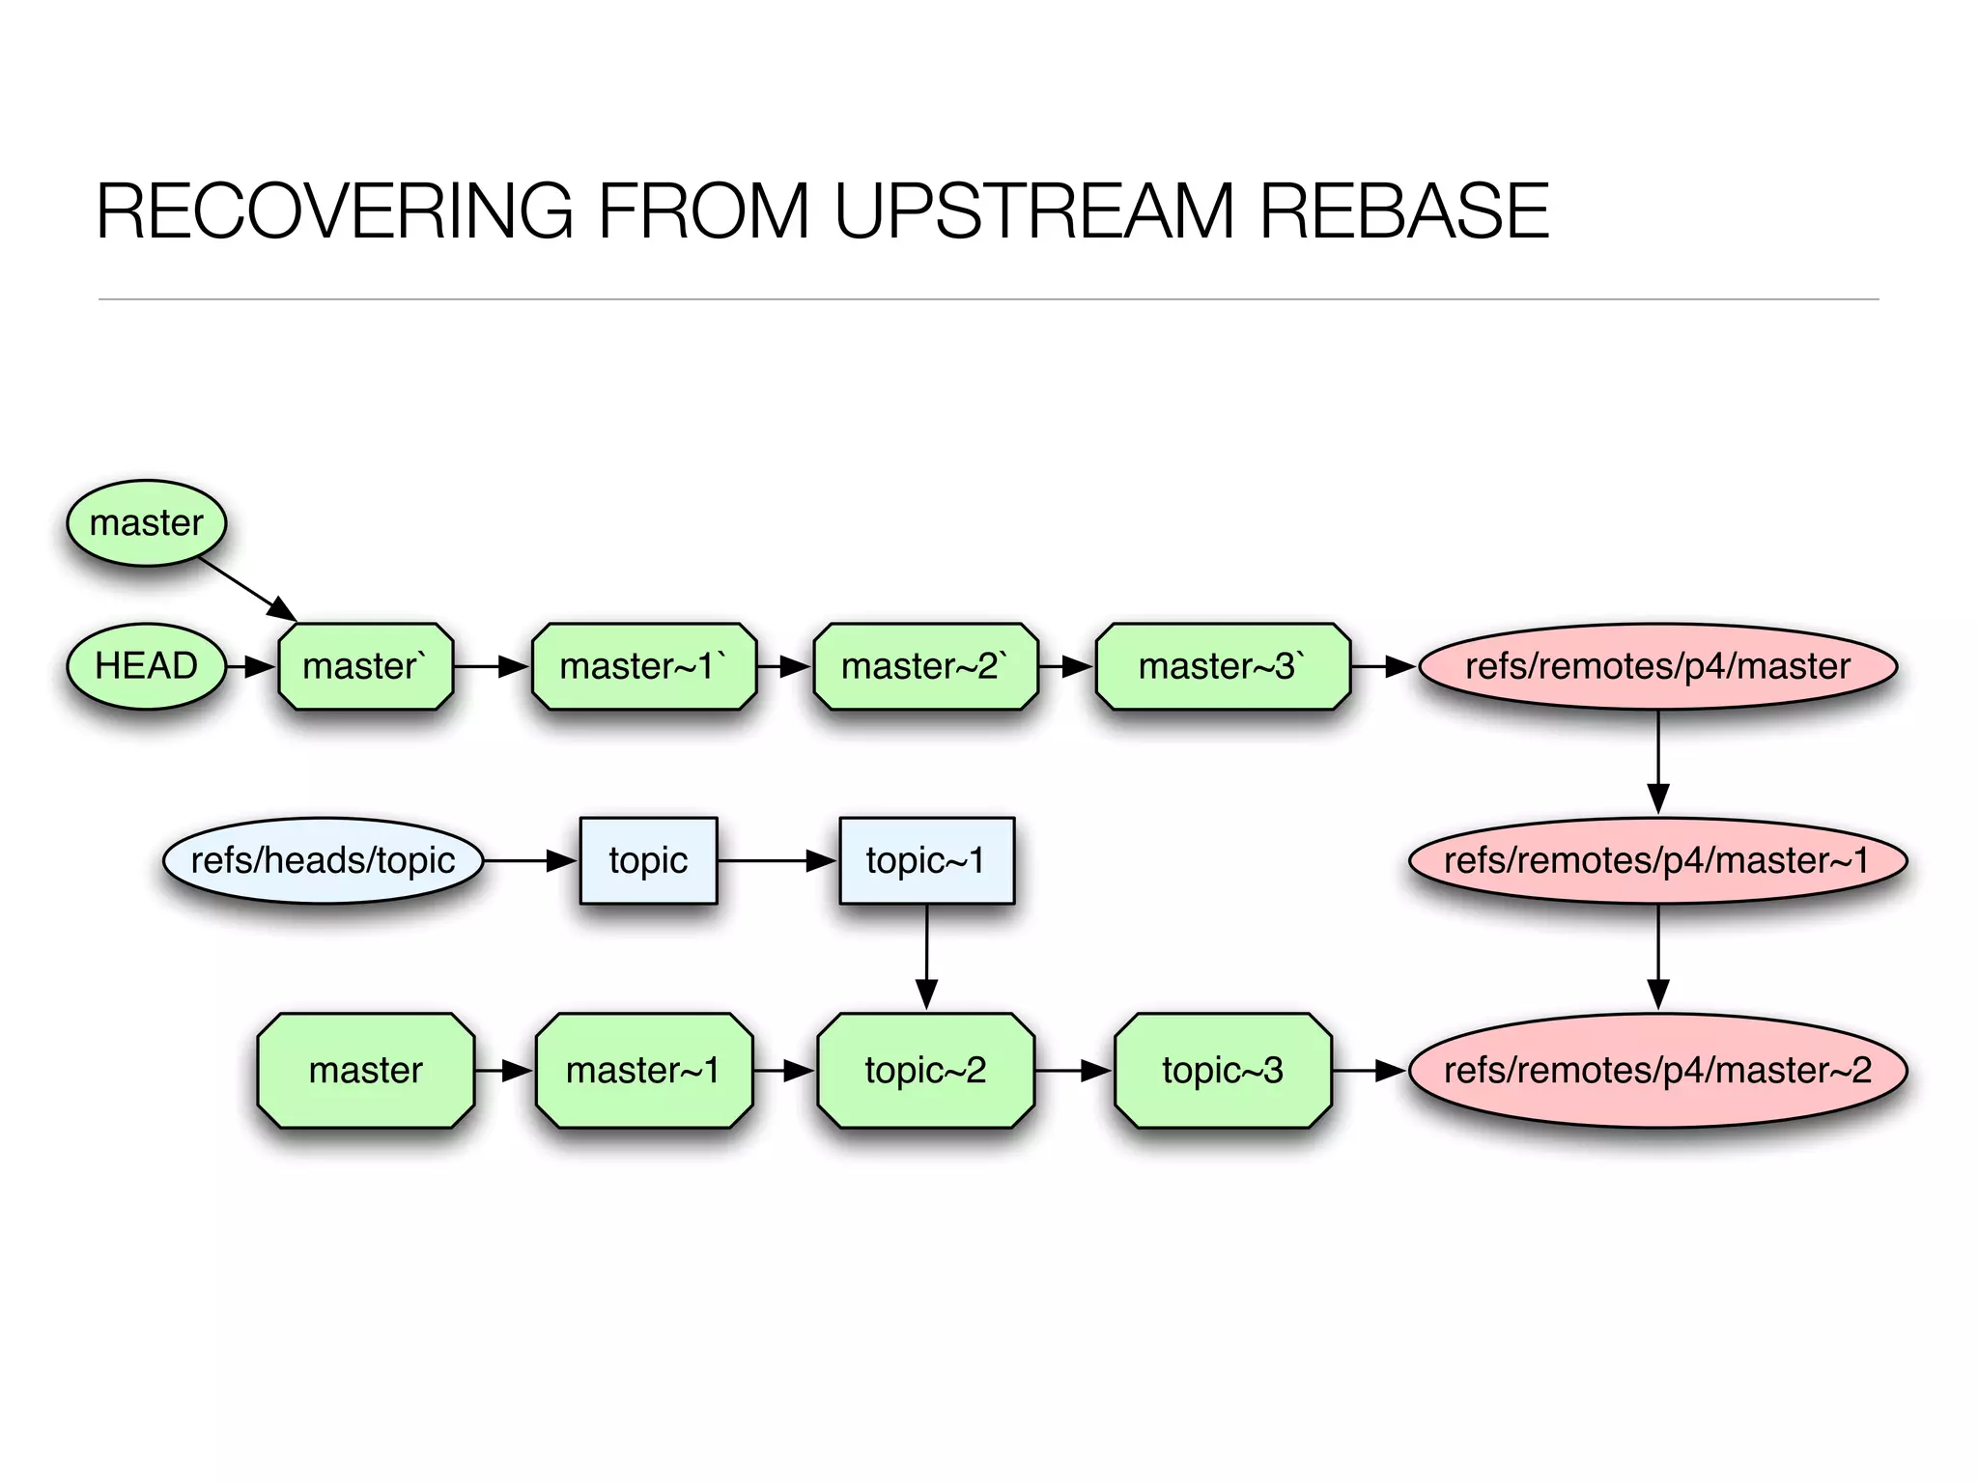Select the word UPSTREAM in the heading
click(1033, 210)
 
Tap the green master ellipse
click(147, 522)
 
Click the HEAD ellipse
click(147, 666)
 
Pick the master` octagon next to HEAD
click(365, 666)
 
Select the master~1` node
click(643, 666)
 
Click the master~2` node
click(925, 666)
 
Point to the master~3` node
click(1222, 666)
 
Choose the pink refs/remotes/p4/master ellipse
click(1657, 666)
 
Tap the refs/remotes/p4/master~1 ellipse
click(1657, 860)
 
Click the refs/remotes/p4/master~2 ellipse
click(1657, 1070)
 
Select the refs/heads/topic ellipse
click(323, 860)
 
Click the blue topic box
click(648, 860)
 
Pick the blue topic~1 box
click(926, 860)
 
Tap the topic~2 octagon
click(925, 1070)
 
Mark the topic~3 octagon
click(1222, 1070)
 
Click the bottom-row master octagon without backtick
click(365, 1070)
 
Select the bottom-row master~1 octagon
click(643, 1070)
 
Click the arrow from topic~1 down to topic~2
click(926, 956)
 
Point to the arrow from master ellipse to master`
click(246, 588)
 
